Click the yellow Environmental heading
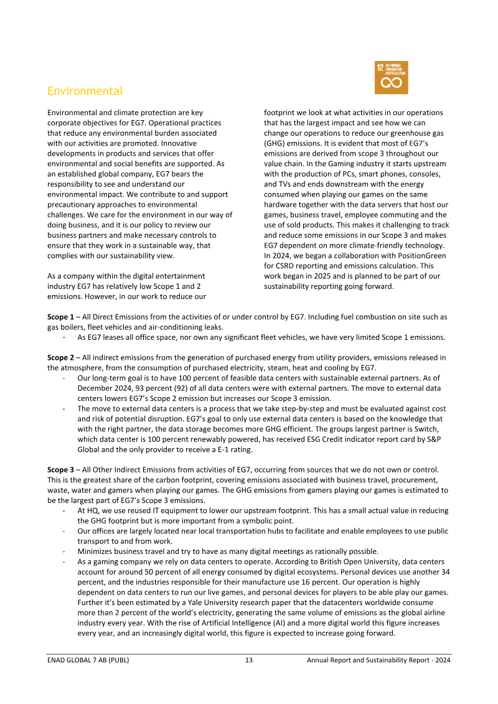tap(85, 91)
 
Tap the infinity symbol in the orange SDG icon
tap(391, 83)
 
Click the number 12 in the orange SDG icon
tap(380, 67)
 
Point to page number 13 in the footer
tap(248, 660)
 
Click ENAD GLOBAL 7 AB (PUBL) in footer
tap(88, 660)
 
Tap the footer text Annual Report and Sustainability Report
tap(369, 660)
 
